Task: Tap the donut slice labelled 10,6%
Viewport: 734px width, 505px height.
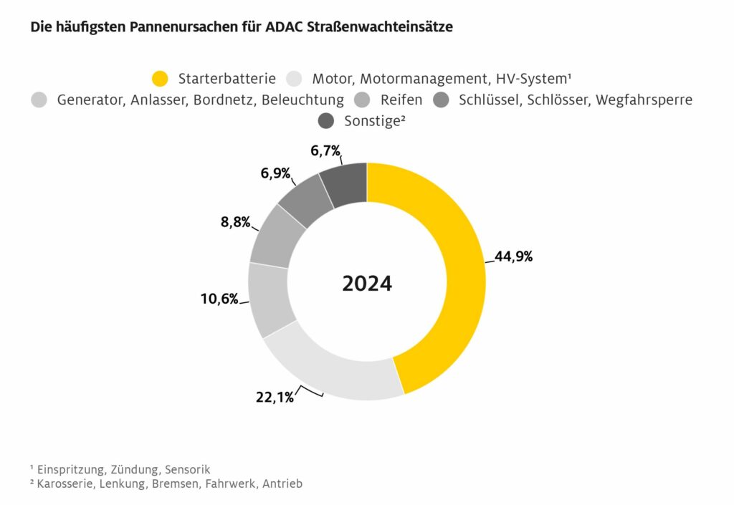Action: pos(271,299)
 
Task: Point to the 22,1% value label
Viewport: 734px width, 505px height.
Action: pos(275,397)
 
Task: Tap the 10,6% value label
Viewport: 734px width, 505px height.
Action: pos(219,299)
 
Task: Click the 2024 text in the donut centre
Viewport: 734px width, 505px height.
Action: pos(367,283)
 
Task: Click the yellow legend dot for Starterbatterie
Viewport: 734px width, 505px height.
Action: pos(161,78)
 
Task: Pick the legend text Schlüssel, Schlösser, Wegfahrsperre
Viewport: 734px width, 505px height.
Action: pos(576,100)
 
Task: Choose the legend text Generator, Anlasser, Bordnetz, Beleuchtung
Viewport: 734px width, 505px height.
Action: pos(200,100)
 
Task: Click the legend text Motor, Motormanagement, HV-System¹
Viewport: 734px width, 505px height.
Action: pos(445,78)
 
